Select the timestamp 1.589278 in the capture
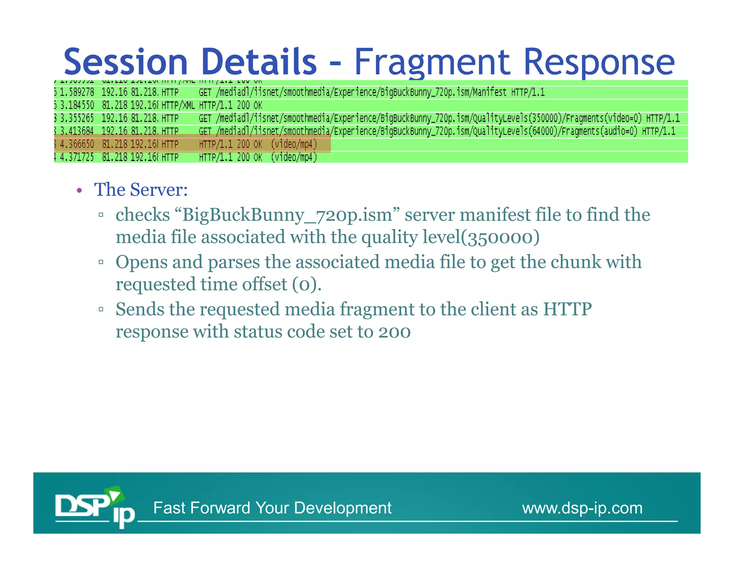tap(77, 92)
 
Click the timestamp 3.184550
tap(77, 105)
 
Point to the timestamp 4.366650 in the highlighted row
tap(77, 144)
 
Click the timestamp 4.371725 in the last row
tap(77, 157)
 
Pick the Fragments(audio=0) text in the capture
tap(600, 131)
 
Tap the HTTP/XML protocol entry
tap(178, 105)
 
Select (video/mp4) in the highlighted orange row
tap(294, 144)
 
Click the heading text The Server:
tap(141, 190)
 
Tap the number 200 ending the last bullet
tap(394, 332)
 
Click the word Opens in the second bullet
tap(141, 262)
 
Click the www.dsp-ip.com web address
tap(582, 508)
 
